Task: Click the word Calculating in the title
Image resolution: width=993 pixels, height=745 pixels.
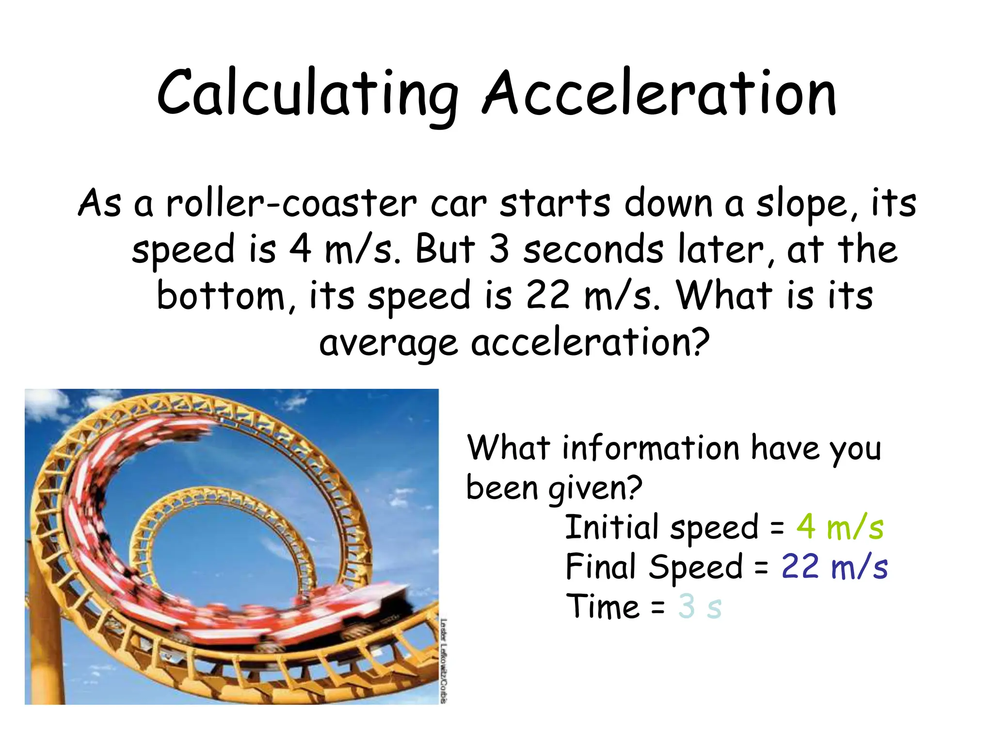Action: point(308,93)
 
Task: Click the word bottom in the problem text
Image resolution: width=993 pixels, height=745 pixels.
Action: point(221,295)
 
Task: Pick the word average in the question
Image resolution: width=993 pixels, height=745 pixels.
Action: point(388,343)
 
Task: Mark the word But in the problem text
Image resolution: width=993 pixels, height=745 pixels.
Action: point(445,249)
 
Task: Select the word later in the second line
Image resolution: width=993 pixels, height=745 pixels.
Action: point(721,249)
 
